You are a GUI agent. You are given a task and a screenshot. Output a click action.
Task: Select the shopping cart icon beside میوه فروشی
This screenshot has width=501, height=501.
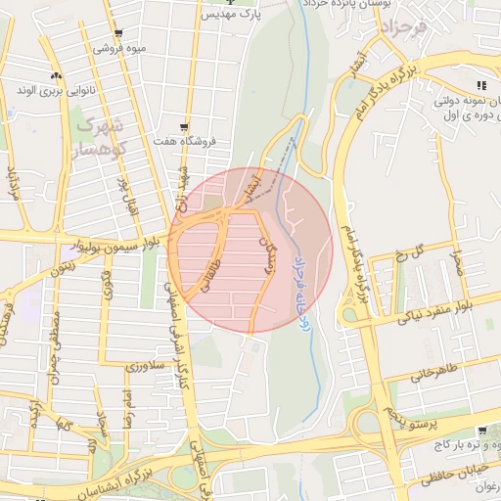pyautogui.click(x=118, y=34)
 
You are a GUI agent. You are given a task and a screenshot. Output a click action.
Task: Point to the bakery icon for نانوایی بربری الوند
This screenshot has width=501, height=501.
pyautogui.click(x=56, y=75)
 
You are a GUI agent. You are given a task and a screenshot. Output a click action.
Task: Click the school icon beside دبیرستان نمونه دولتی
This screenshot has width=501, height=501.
pyautogui.click(x=480, y=85)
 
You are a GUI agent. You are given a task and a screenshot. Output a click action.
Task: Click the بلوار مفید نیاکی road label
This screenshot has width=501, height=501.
pyautogui.click(x=425, y=316)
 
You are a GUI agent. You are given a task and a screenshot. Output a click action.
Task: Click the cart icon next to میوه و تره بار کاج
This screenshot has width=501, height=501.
pyautogui.click(x=482, y=432)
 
